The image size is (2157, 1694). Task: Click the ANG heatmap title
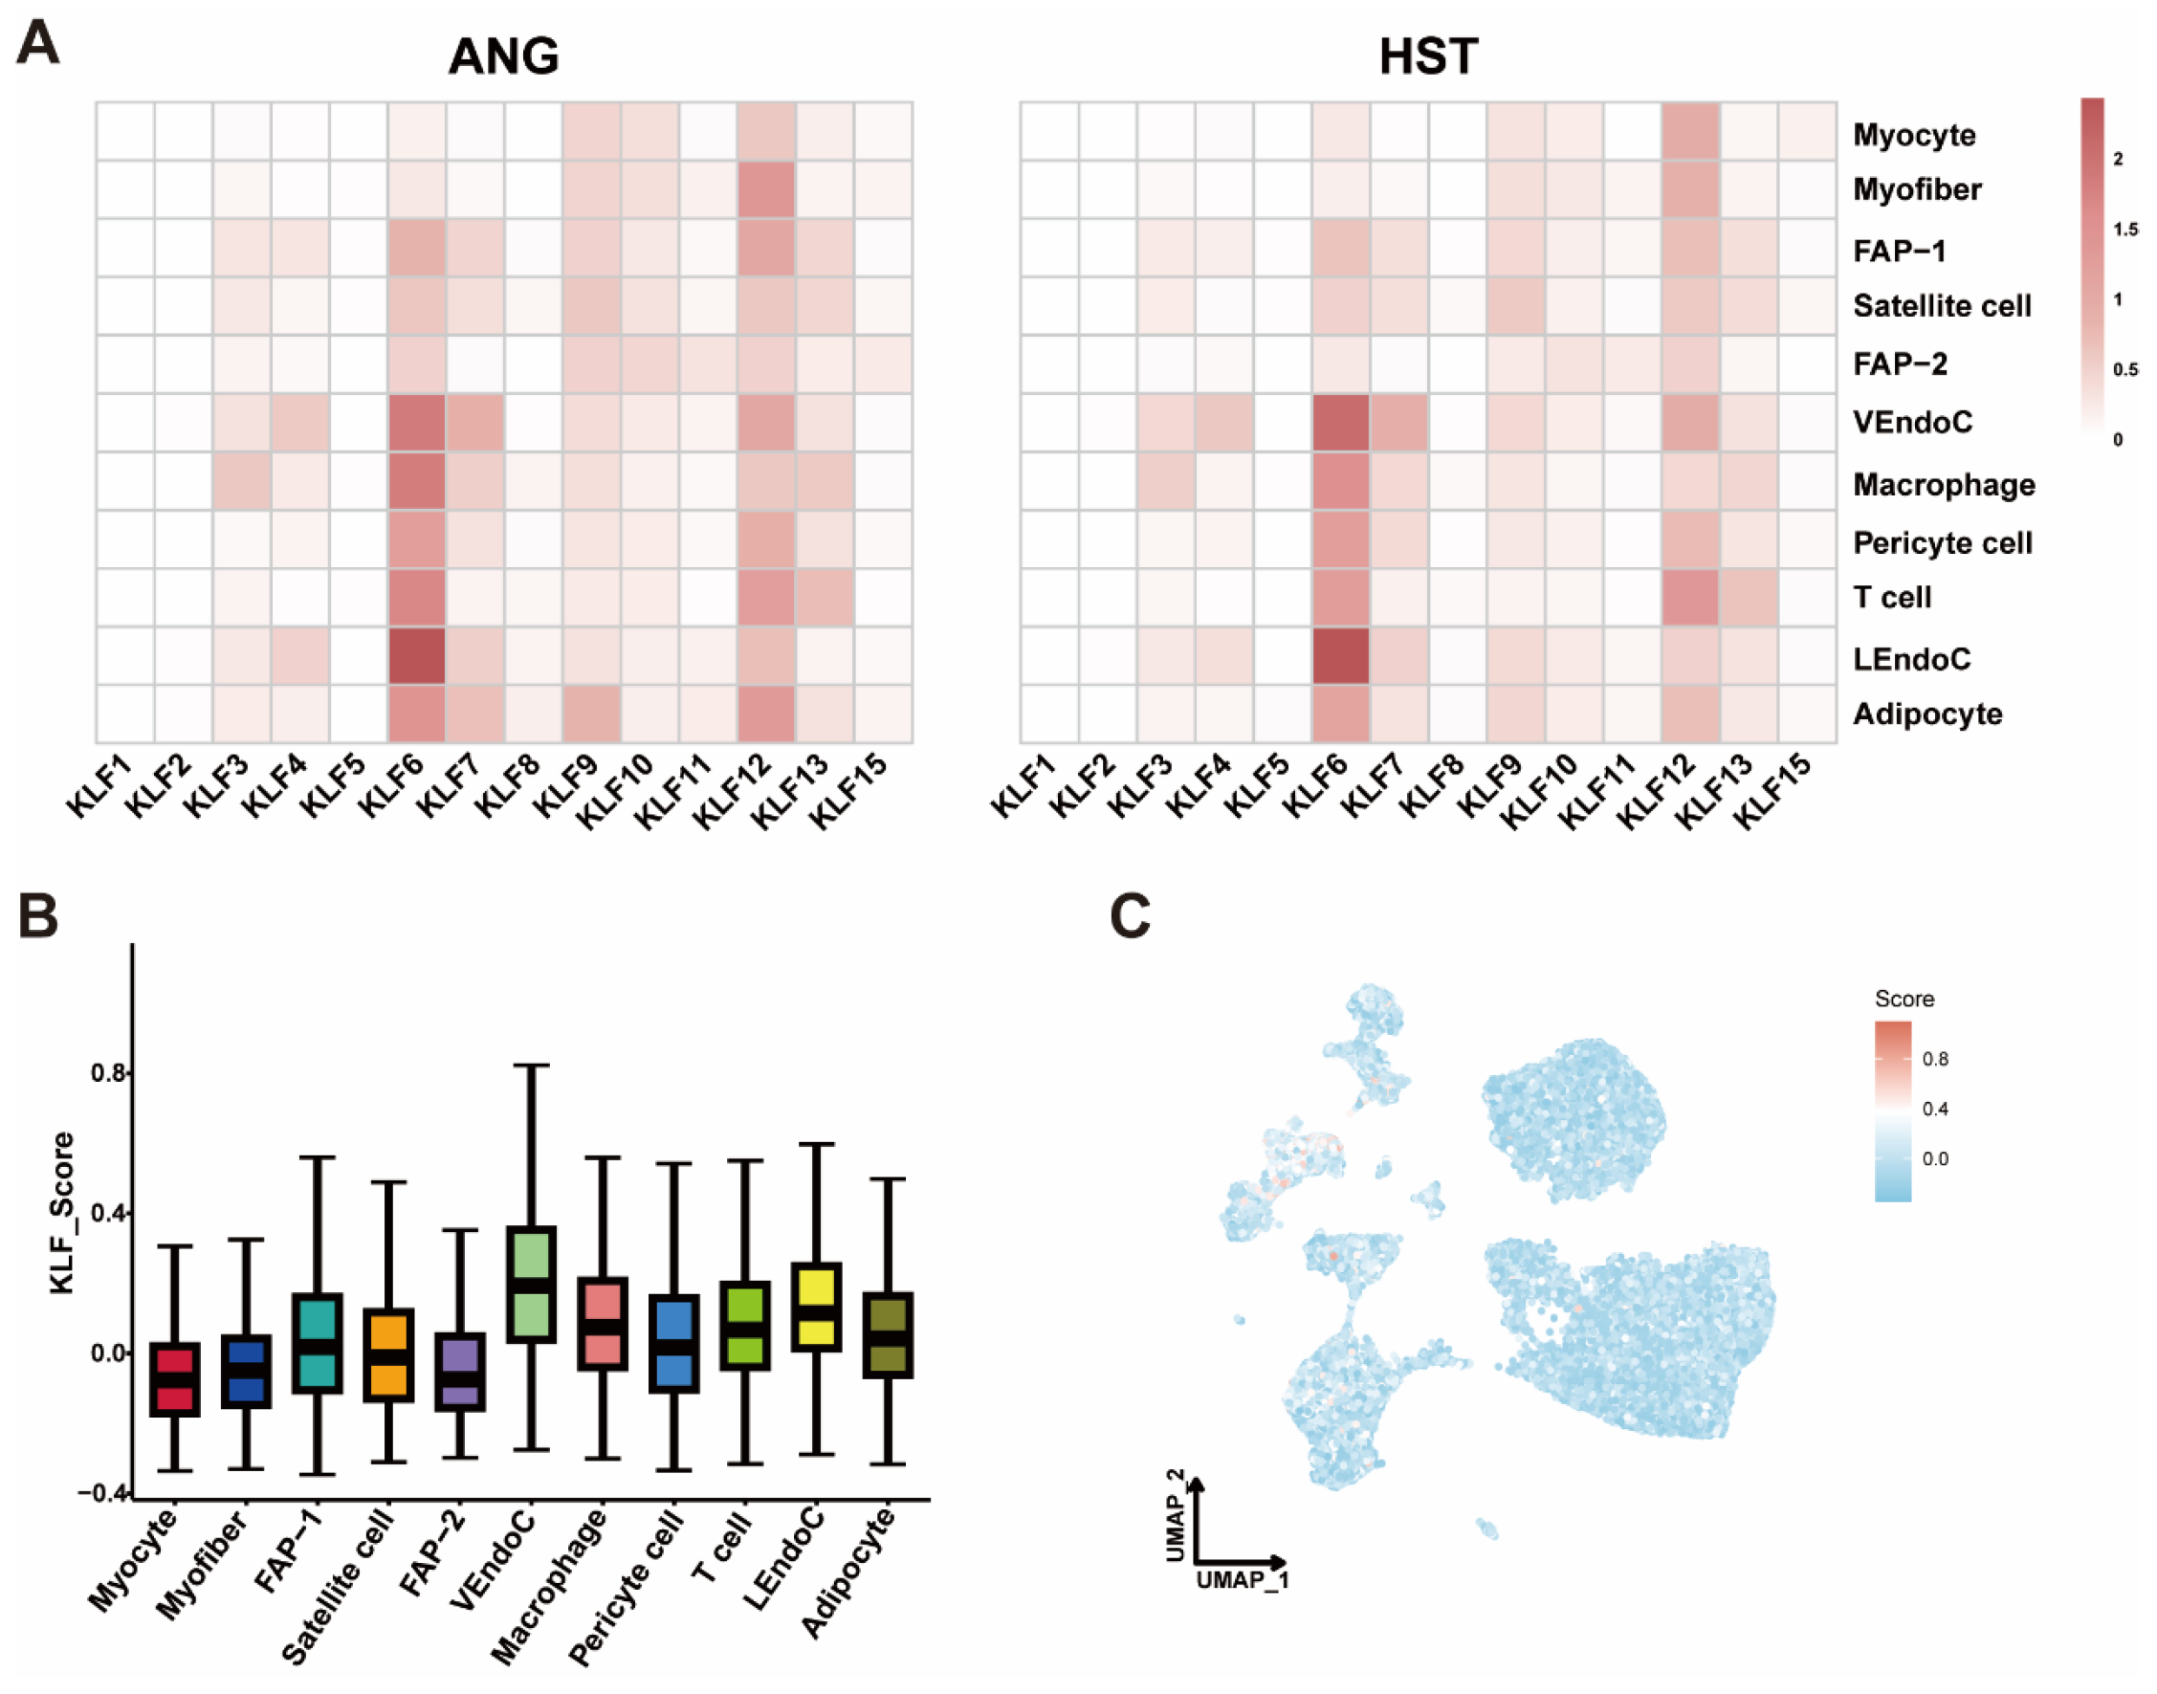(x=504, y=56)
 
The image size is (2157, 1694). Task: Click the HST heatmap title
(x=1428, y=56)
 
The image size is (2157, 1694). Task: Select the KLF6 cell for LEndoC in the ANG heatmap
(x=416, y=655)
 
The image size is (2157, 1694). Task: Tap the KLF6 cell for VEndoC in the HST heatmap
(x=1341, y=424)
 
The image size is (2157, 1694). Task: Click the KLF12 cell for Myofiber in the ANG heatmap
(x=765, y=189)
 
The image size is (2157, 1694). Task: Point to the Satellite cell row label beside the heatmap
(x=1941, y=306)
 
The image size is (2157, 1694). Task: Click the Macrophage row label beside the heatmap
(x=1943, y=485)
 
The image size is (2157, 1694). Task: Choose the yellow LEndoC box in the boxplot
(x=816, y=1307)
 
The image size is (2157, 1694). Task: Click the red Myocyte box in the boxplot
(x=174, y=1378)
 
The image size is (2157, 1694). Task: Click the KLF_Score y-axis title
(x=62, y=1212)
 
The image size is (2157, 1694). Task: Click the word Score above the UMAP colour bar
(x=1904, y=999)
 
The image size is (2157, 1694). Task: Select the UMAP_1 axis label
(x=1242, y=1579)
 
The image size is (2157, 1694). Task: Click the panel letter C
(x=1130, y=916)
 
